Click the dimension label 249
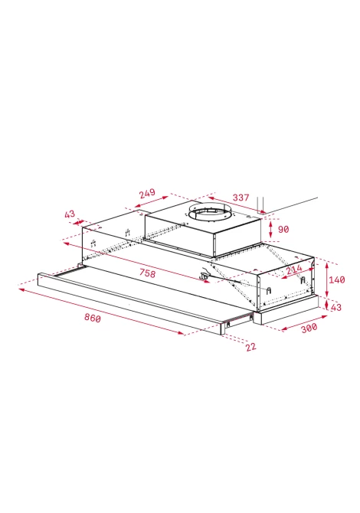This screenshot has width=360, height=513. coord(147,194)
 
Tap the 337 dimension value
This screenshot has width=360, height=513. coord(241,198)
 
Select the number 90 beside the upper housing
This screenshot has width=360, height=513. coord(283,230)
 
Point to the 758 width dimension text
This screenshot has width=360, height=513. coord(147,273)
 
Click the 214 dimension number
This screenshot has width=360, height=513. coord(294,270)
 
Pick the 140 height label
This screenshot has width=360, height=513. coord(337,279)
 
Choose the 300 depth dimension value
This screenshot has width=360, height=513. coord(309,328)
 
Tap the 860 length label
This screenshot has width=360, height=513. coord(93,317)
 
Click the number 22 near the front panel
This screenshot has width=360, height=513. coord(250,347)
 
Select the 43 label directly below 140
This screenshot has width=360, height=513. coord(336,307)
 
